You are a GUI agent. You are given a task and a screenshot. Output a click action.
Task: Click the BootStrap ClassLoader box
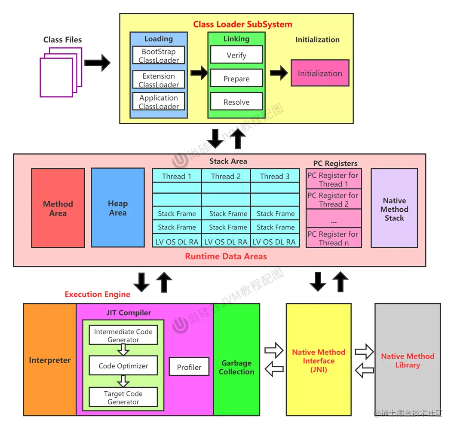[159, 56]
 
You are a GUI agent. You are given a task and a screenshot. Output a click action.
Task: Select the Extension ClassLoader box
[159, 80]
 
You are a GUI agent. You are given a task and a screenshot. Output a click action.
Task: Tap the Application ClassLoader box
[159, 102]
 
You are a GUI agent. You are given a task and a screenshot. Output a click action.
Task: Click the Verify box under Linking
[236, 55]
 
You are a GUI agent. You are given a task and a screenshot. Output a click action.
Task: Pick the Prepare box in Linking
[236, 79]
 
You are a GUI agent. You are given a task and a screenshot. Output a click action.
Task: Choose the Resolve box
[236, 102]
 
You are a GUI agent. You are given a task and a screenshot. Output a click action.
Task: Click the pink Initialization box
[320, 73]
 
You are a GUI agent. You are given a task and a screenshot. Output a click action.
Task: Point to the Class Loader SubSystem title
[242, 24]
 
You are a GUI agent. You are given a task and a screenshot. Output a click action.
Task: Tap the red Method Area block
[58, 208]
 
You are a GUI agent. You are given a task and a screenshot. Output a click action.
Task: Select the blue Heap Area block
[118, 208]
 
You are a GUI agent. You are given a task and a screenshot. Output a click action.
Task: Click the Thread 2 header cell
[226, 176]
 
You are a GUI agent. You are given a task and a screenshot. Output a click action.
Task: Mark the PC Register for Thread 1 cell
[333, 180]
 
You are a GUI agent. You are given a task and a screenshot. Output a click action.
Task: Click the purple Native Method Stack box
[394, 208]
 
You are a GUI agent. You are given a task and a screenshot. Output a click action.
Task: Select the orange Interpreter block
[50, 360]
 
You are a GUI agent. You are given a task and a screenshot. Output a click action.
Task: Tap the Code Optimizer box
[123, 366]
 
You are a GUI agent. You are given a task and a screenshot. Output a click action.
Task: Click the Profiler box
[189, 367]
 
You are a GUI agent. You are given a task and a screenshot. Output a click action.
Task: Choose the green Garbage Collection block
[236, 367]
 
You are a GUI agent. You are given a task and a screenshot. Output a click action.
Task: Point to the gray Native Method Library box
[408, 360]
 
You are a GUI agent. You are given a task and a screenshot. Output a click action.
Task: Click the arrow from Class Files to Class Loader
[97, 63]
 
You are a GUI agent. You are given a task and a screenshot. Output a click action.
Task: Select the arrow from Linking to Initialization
[279, 73]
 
